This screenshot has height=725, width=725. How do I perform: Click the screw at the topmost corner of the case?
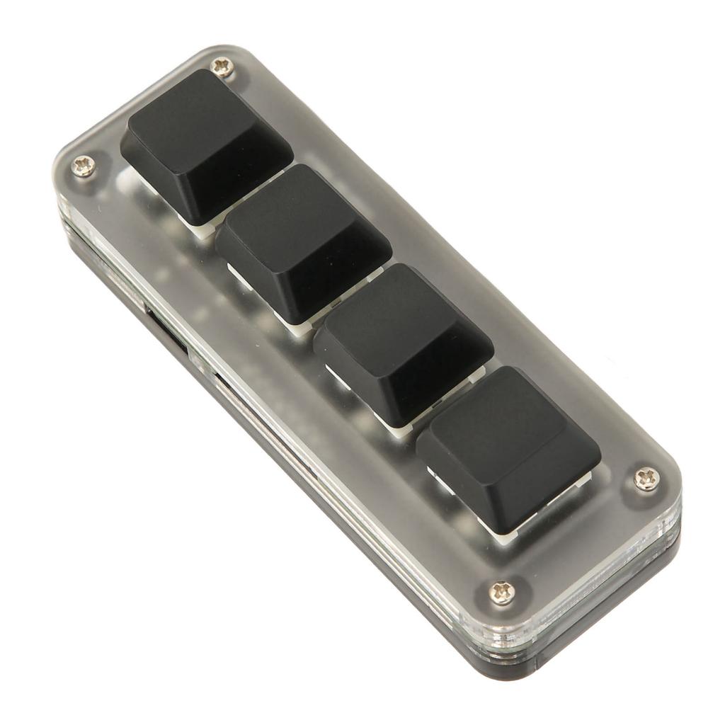223,67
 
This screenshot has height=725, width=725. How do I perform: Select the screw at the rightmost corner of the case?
646,478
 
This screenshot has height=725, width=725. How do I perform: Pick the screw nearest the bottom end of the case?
503,591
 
